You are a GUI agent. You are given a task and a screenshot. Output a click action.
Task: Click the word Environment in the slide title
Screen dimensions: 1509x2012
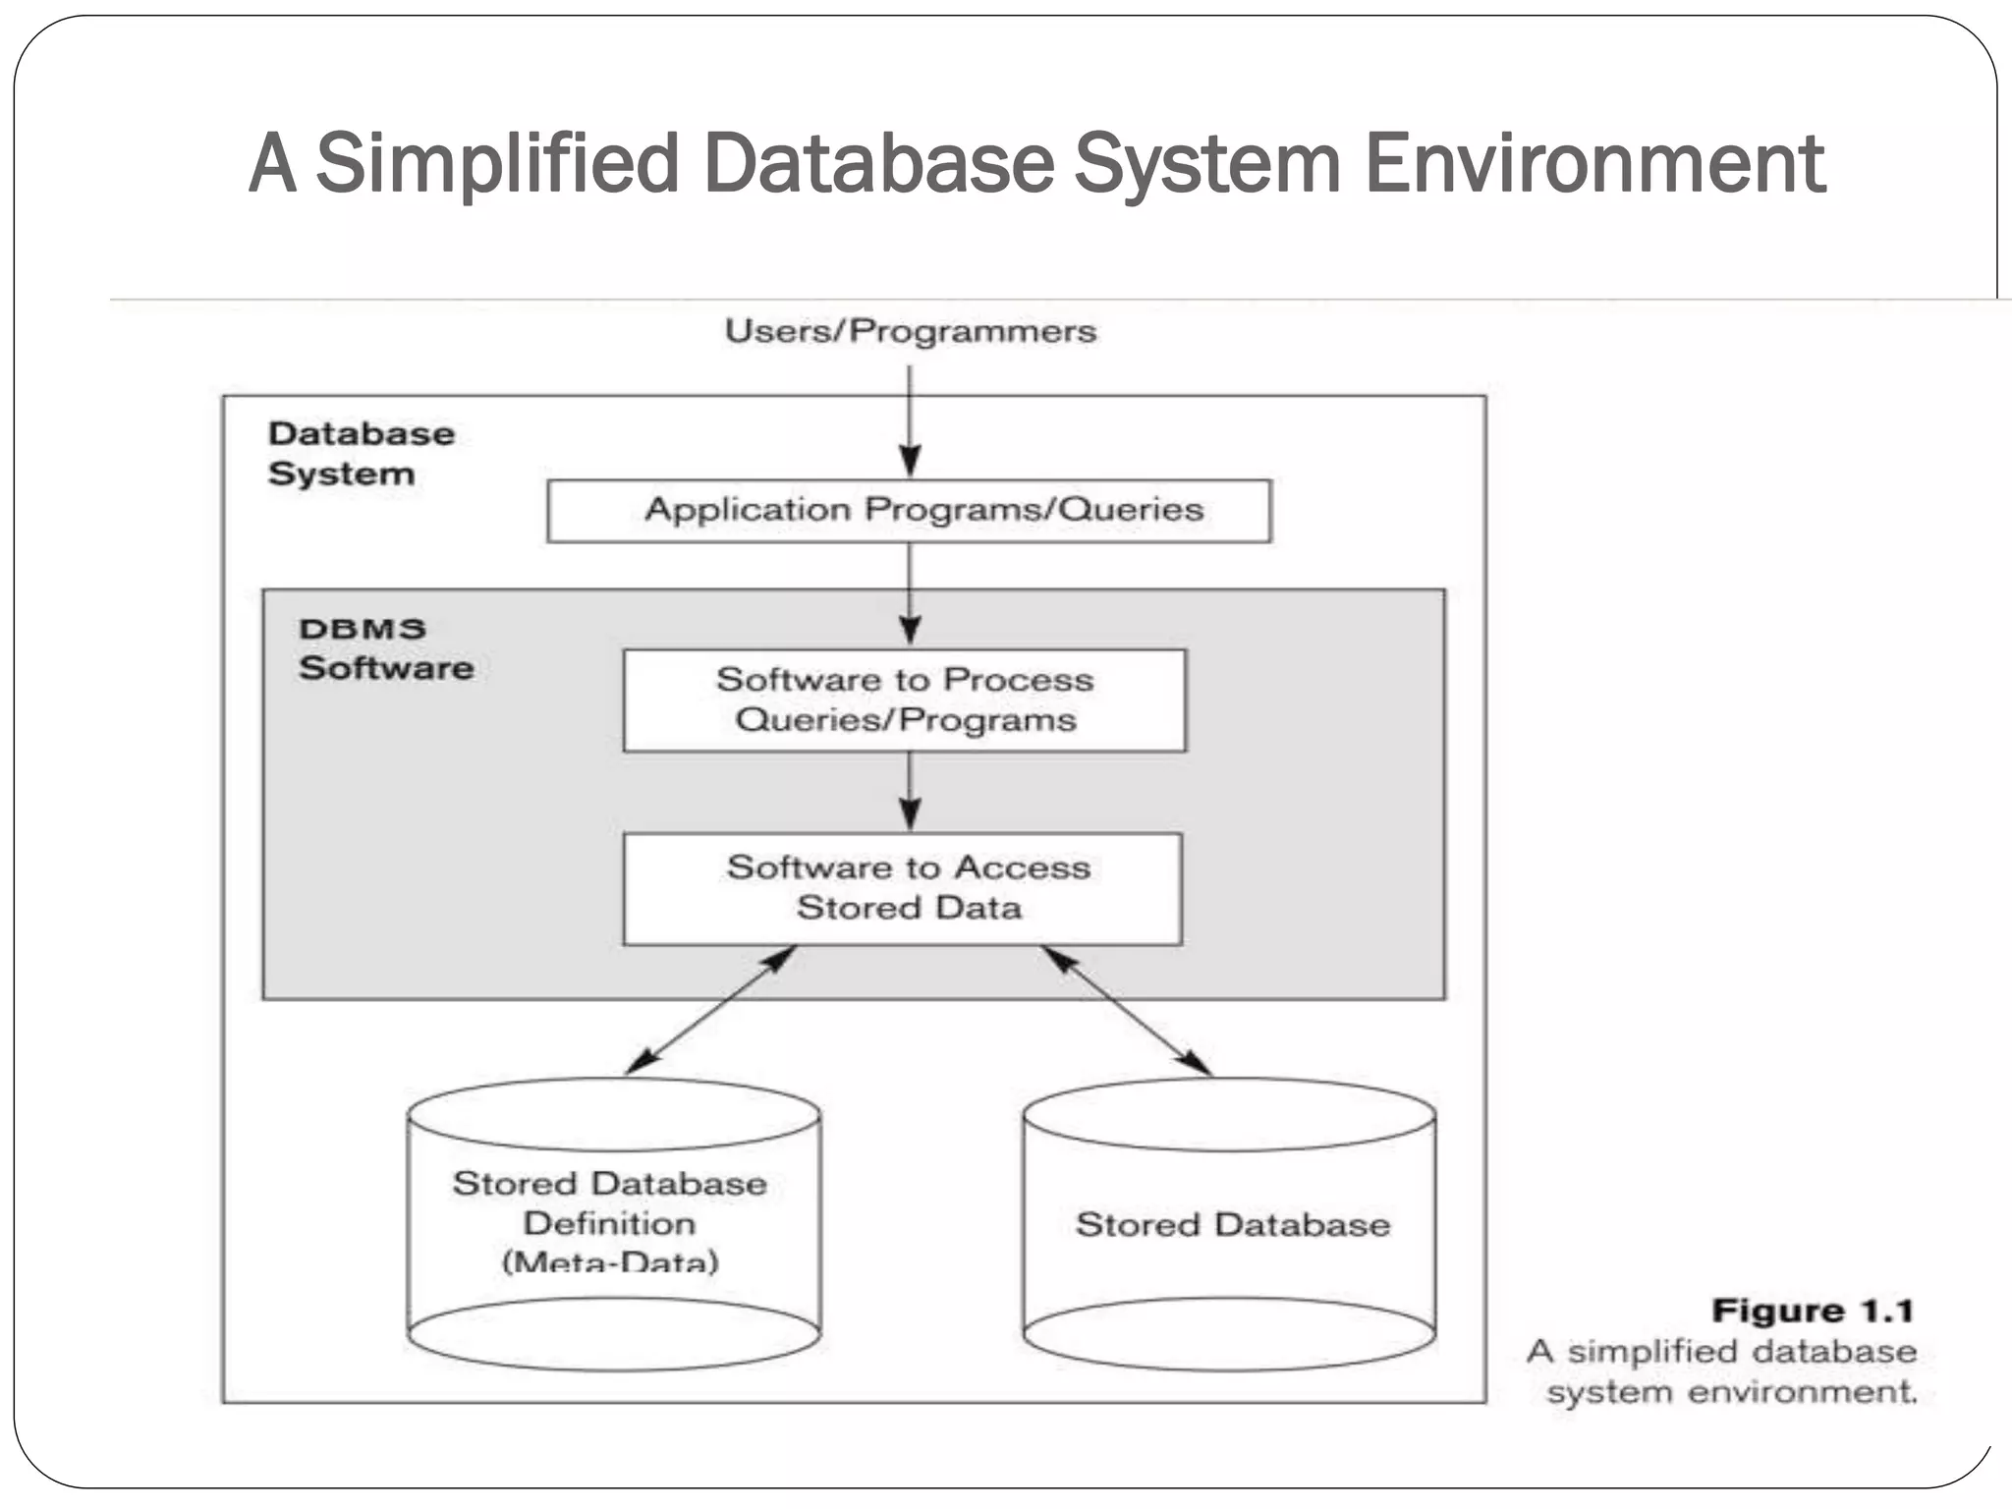pos(1593,164)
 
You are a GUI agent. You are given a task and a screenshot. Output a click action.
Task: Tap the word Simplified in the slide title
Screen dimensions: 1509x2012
pos(497,164)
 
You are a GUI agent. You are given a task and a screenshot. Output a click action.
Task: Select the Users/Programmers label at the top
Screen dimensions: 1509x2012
pos(910,331)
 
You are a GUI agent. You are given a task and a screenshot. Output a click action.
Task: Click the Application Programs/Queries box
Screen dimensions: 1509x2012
pos(909,511)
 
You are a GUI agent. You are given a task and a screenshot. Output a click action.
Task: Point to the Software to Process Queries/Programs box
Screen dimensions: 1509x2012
pos(904,700)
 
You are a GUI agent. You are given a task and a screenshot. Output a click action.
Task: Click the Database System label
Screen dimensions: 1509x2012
pos(361,453)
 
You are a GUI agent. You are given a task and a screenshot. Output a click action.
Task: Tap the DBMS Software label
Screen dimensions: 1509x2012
pos(385,648)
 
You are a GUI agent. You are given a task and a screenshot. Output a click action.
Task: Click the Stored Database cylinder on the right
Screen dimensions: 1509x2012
pos(1230,1225)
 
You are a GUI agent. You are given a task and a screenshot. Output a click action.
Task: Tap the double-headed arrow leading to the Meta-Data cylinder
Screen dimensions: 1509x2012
pos(709,1011)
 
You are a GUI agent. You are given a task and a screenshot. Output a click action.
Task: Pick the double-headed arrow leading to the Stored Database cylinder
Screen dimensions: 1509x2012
pos(1126,1011)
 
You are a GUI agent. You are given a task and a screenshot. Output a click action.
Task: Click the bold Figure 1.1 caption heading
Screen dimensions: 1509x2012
pos(1812,1312)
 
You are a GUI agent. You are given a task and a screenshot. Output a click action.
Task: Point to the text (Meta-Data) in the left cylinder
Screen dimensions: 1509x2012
pos(610,1261)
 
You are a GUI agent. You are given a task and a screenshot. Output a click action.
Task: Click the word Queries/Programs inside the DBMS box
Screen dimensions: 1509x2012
pos(905,720)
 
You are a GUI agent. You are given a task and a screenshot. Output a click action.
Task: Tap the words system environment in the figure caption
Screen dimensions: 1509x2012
pos(1731,1392)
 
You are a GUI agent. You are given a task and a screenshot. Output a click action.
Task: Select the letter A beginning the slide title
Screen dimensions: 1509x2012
pos(272,164)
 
